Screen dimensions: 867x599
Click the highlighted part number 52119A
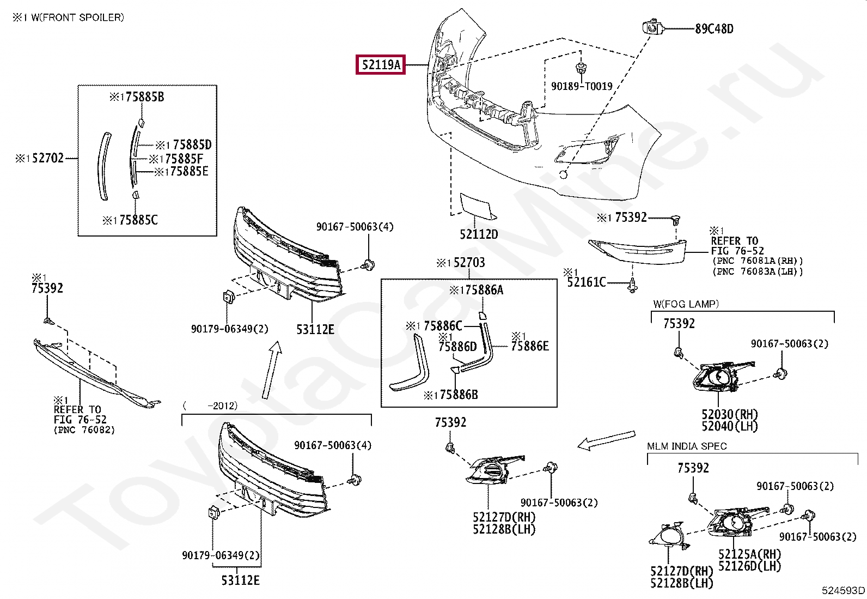tap(381, 64)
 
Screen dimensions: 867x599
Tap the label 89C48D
tap(714, 29)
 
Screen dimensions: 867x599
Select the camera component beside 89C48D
tap(653, 27)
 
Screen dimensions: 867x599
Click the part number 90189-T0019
tap(582, 86)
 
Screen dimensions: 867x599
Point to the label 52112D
tap(479, 234)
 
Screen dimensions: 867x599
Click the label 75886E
tap(530, 346)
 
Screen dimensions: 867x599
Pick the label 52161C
tap(587, 282)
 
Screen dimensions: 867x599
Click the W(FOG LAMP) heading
tap(686, 304)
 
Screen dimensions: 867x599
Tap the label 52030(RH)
tap(730, 414)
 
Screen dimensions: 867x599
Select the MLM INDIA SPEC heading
tap(687, 446)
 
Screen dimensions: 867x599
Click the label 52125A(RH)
tap(750, 554)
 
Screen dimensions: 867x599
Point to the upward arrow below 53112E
tap(272, 370)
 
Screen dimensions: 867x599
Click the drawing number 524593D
tap(843, 590)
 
